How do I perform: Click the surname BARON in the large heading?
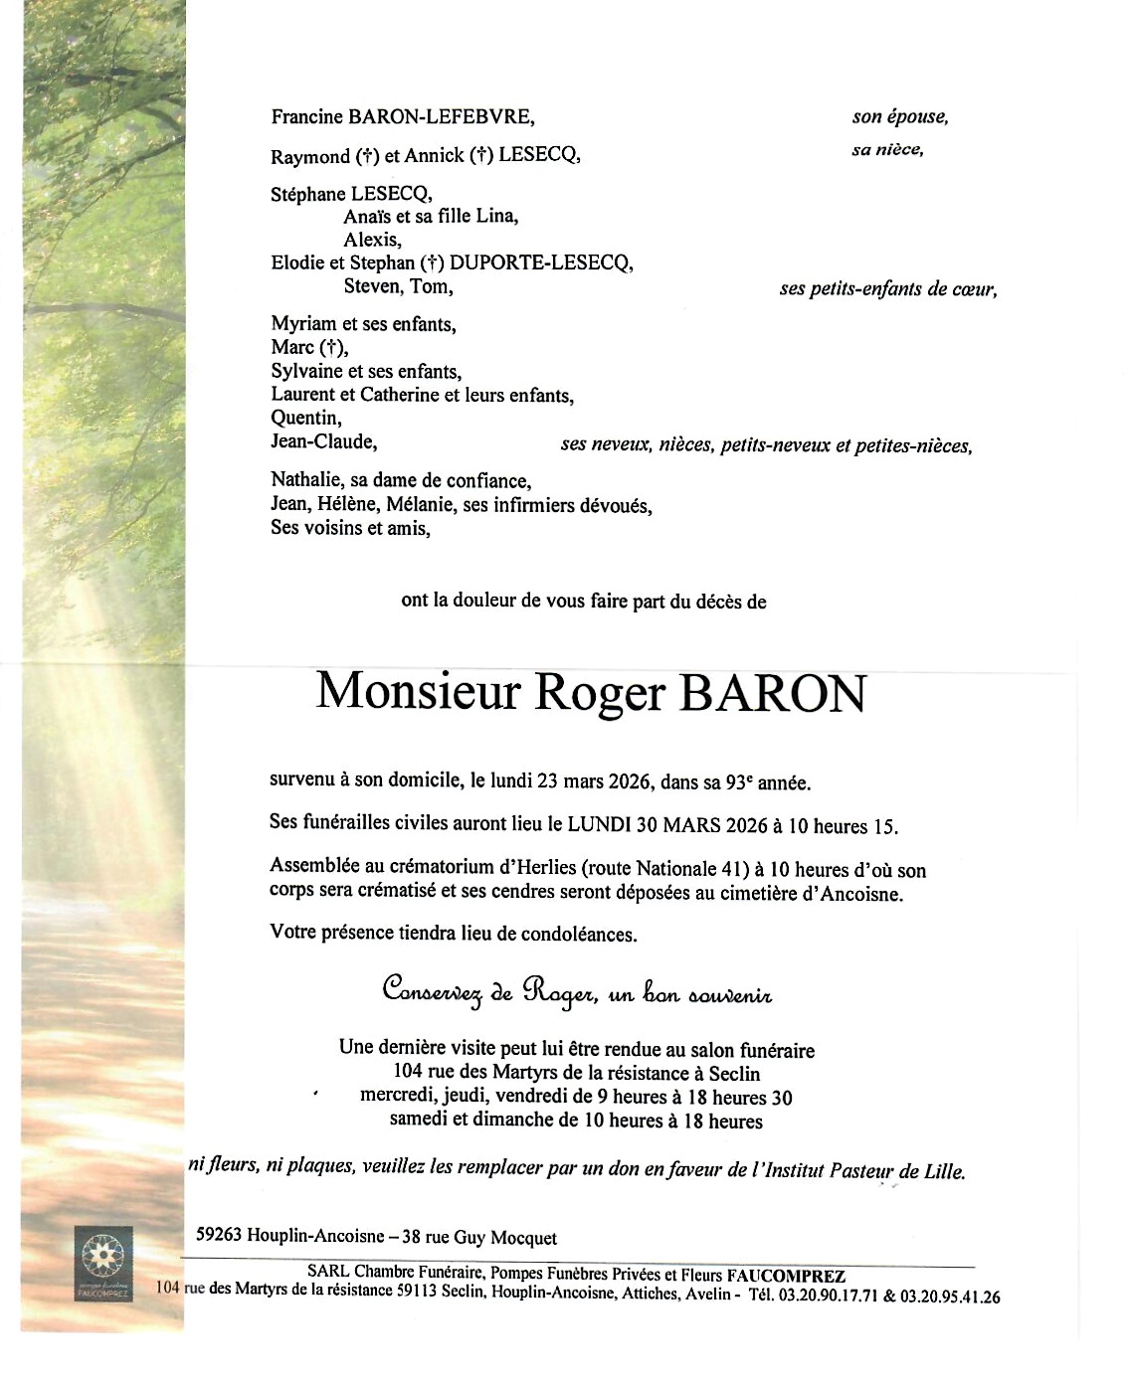(772, 694)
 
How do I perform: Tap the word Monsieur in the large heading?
(418, 692)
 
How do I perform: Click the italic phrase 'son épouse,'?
(899, 117)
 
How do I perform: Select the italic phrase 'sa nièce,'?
(887, 150)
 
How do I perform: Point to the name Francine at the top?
(306, 117)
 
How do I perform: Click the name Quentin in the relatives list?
(305, 419)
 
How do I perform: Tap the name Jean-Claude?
(323, 442)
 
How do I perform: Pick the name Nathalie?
(305, 481)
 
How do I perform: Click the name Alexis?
(372, 240)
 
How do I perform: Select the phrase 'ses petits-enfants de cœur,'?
(887, 289)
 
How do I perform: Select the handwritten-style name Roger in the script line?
(560, 991)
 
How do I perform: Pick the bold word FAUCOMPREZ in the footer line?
(786, 1276)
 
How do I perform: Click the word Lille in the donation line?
(943, 1172)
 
